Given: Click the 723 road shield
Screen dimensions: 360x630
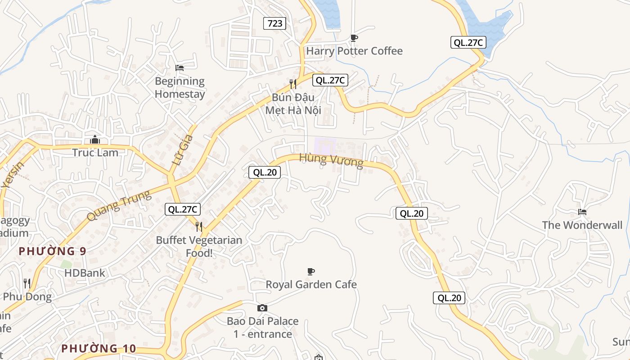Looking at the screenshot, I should [274, 23].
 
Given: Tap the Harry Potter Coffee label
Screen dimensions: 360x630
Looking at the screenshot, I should [354, 51].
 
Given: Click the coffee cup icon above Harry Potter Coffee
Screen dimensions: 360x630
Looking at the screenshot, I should [354, 38].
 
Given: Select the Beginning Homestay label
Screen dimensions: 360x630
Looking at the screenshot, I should [180, 88].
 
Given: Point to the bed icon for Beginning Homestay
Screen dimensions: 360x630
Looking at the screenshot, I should [180, 68].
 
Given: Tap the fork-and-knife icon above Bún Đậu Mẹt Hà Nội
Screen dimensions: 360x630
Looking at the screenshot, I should [293, 84].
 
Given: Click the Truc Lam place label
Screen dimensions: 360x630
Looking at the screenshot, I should [95, 153].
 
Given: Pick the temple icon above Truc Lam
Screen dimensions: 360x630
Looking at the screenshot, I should [95, 140].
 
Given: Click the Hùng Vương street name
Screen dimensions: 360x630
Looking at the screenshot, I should [331, 160].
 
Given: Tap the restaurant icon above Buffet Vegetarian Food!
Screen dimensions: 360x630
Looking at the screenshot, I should [199, 226].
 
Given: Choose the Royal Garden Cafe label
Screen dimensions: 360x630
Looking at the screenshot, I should [311, 284].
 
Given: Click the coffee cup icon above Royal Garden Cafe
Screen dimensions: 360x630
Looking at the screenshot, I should [310, 271].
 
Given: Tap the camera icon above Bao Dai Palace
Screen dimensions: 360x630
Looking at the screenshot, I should [262, 308].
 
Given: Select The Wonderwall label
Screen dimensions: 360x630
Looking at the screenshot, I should [582, 225].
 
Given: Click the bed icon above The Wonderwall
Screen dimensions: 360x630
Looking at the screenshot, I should [582, 212].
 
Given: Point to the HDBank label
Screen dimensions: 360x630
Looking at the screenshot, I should [85, 273].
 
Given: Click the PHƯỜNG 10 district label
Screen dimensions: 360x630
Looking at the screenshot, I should [99, 348].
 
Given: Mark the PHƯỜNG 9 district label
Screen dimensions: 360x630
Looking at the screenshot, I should [52, 251].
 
